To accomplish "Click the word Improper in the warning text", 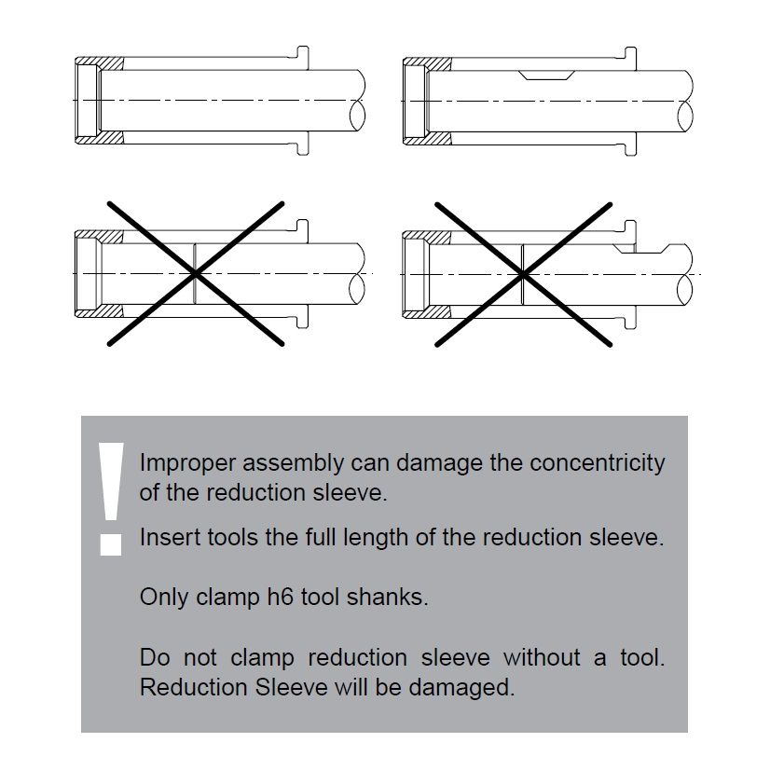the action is point(187,463).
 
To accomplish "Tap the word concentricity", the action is point(598,463).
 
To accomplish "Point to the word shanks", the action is point(388,597).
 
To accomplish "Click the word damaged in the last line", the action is point(461,687).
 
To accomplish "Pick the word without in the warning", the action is point(542,657).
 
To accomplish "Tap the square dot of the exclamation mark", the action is point(111,545).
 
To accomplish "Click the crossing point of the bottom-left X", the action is point(196,273).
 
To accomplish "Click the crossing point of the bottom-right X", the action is point(523,274).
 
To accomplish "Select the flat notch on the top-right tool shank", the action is point(546,75).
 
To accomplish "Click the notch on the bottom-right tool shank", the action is point(641,249).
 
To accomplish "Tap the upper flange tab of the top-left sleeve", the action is point(302,58).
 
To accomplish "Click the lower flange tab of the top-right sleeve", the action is point(630,144).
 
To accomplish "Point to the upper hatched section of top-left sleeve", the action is point(100,63).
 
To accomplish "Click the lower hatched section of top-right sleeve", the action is point(428,138).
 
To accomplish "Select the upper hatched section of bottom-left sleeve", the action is point(100,237).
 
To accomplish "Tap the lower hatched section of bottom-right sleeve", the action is point(428,311).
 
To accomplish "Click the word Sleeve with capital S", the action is point(291,687).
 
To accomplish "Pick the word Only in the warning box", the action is point(163,597).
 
